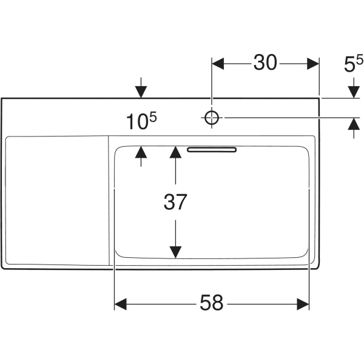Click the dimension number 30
pos(265,62)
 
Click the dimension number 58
pos(212,302)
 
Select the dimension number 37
pos(175,202)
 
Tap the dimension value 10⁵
pos(142,122)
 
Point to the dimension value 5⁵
pos(353,64)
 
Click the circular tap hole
pos(211,118)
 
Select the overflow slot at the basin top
pos(212,149)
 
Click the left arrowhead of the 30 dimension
pos(218,62)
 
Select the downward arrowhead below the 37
pos(175,250)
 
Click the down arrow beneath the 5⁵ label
pos(353,91)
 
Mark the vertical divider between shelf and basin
pos(109,200)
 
